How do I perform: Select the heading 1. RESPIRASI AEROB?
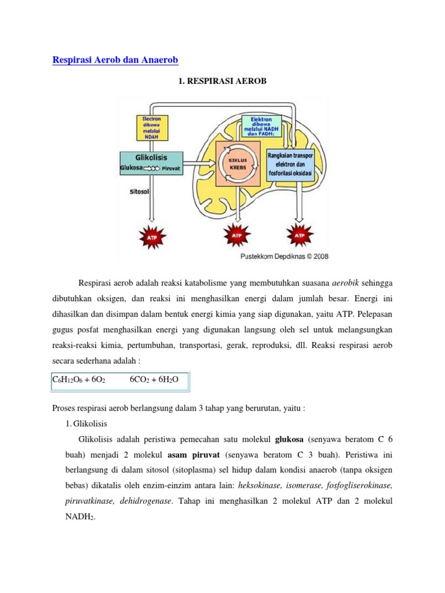[222, 82]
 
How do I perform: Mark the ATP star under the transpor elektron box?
[299, 236]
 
